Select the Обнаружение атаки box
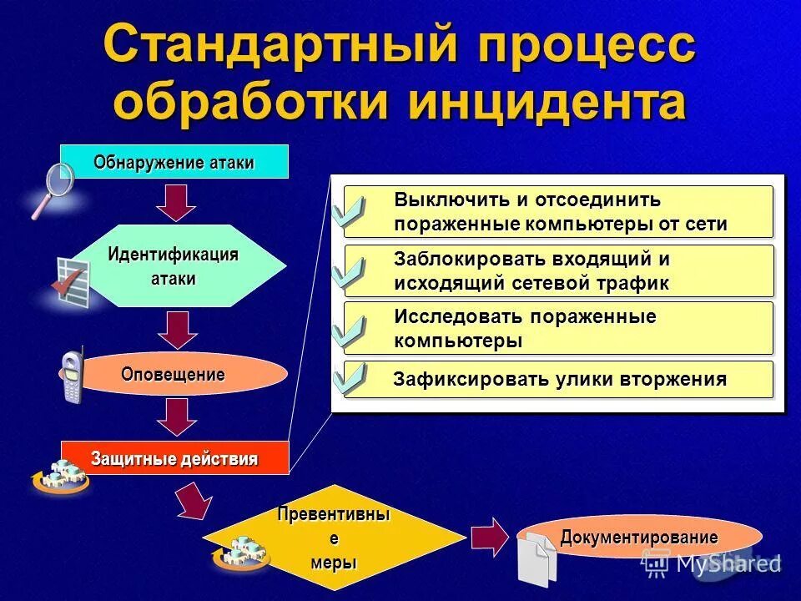click(x=174, y=161)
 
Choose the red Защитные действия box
click(x=174, y=458)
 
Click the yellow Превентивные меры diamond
click(x=334, y=538)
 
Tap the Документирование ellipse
click(x=639, y=537)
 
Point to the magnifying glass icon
click(x=53, y=189)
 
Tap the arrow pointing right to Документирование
click(x=490, y=537)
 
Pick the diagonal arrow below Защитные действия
click(x=193, y=500)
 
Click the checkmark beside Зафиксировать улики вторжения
click(x=348, y=378)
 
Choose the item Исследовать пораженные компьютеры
click(x=559, y=328)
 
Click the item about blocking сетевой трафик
click(x=559, y=270)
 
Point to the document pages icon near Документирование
click(x=537, y=558)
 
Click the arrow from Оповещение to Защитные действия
click(x=175, y=416)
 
